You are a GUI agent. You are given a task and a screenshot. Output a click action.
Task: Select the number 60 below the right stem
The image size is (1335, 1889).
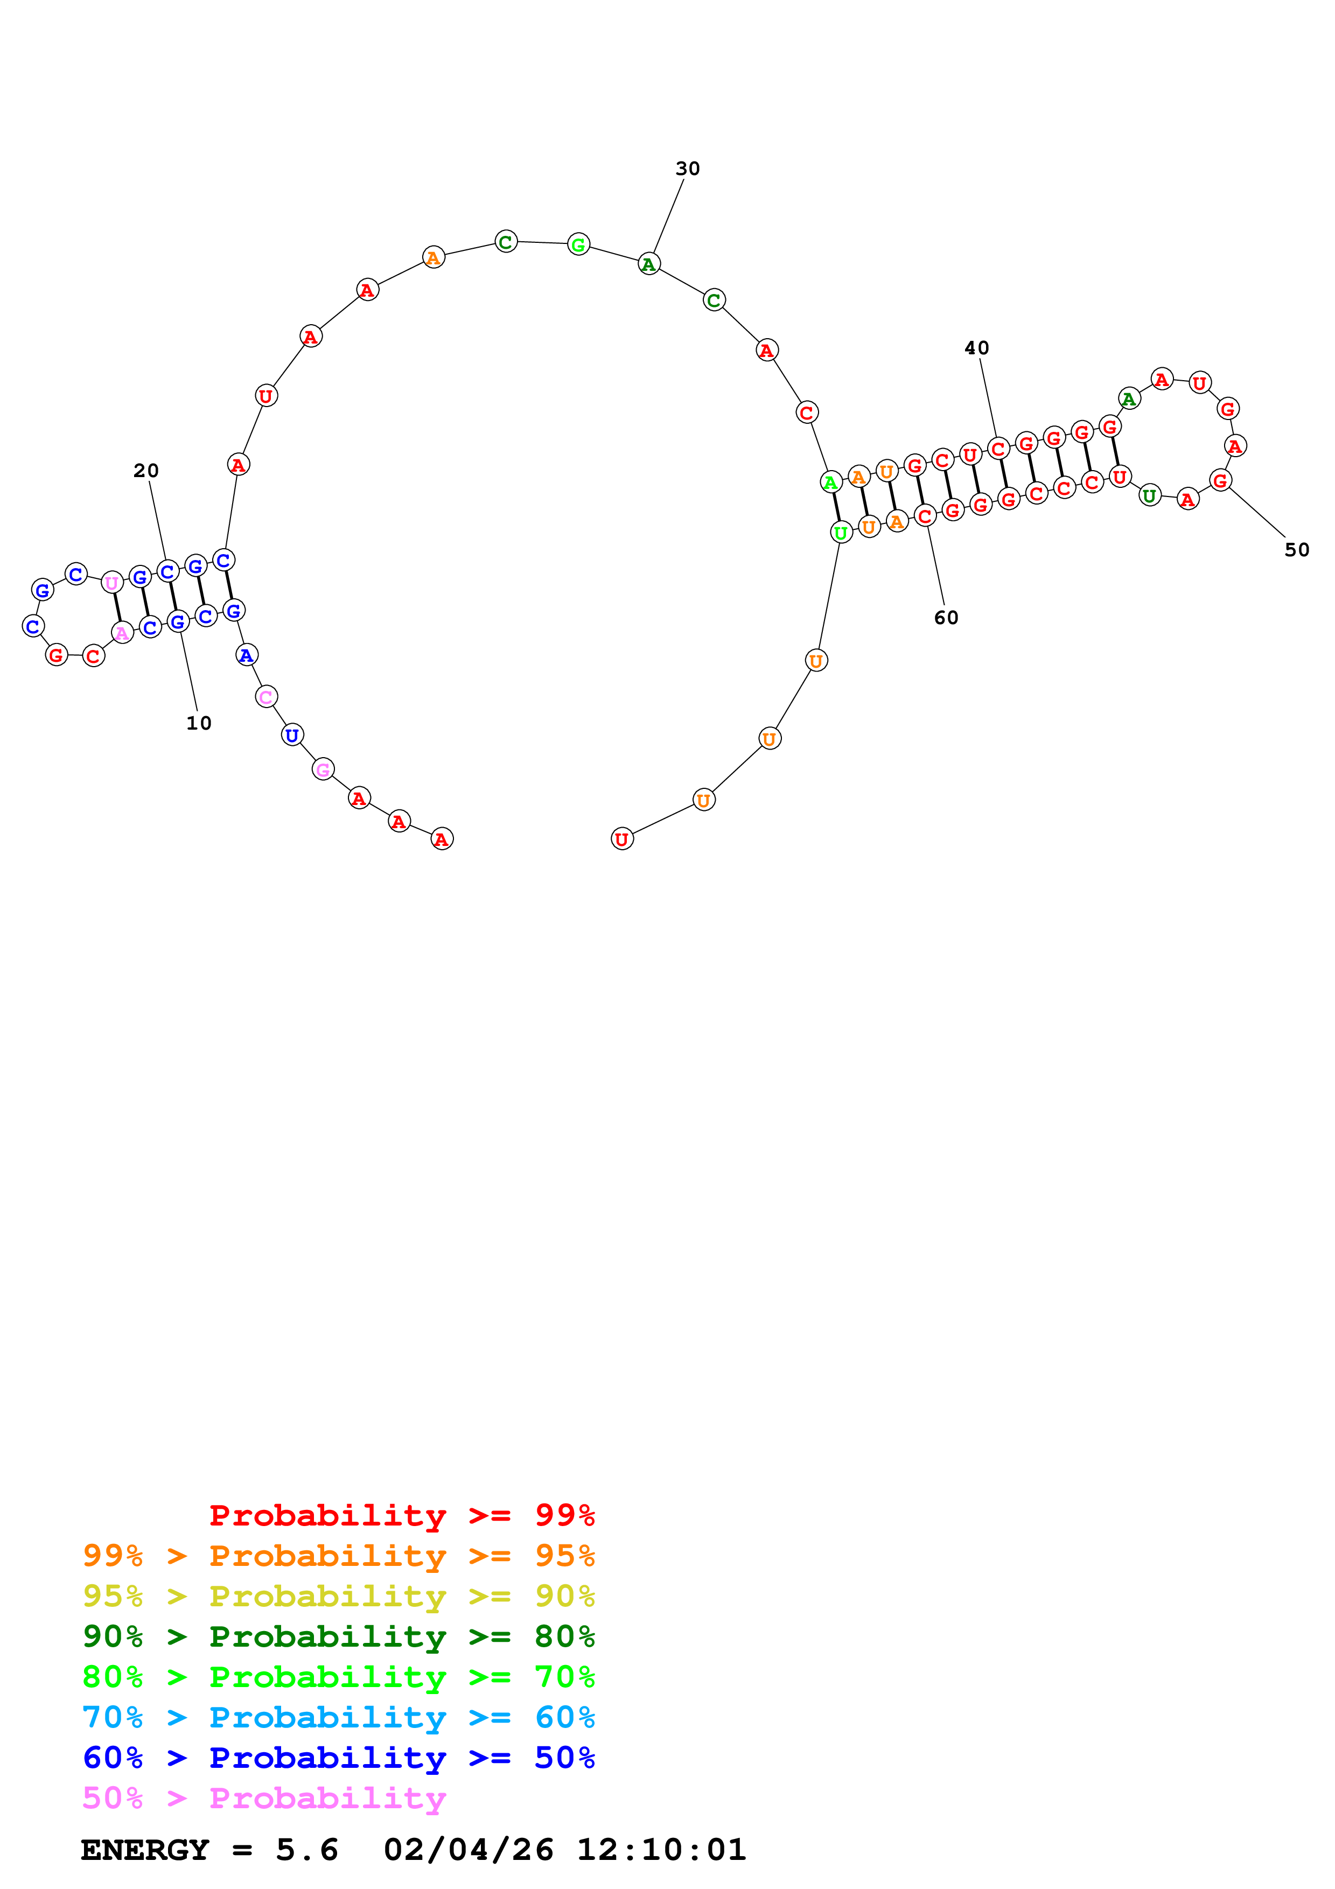tap(946, 618)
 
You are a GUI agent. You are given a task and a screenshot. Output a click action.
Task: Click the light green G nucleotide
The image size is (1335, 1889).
tap(578, 244)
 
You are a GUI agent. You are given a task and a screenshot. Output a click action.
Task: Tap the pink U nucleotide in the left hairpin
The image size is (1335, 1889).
tap(112, 583)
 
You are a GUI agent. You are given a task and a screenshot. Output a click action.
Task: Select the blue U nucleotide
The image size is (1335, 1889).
tap(292, 734)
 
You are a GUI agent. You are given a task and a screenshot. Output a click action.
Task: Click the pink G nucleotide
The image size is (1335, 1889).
tap(323, 769)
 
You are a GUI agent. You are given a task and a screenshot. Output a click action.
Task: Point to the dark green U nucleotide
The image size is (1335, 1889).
tap(1149, 495)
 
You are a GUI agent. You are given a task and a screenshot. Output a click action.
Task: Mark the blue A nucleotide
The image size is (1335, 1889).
tap(246, 655)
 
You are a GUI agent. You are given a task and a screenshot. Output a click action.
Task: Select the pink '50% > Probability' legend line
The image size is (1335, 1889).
tap(264, 1797)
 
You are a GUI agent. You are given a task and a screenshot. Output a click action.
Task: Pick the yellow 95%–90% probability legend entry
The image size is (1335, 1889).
tap(338, 1596)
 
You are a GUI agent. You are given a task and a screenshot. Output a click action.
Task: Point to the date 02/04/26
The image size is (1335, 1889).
tap(468, 1850)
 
